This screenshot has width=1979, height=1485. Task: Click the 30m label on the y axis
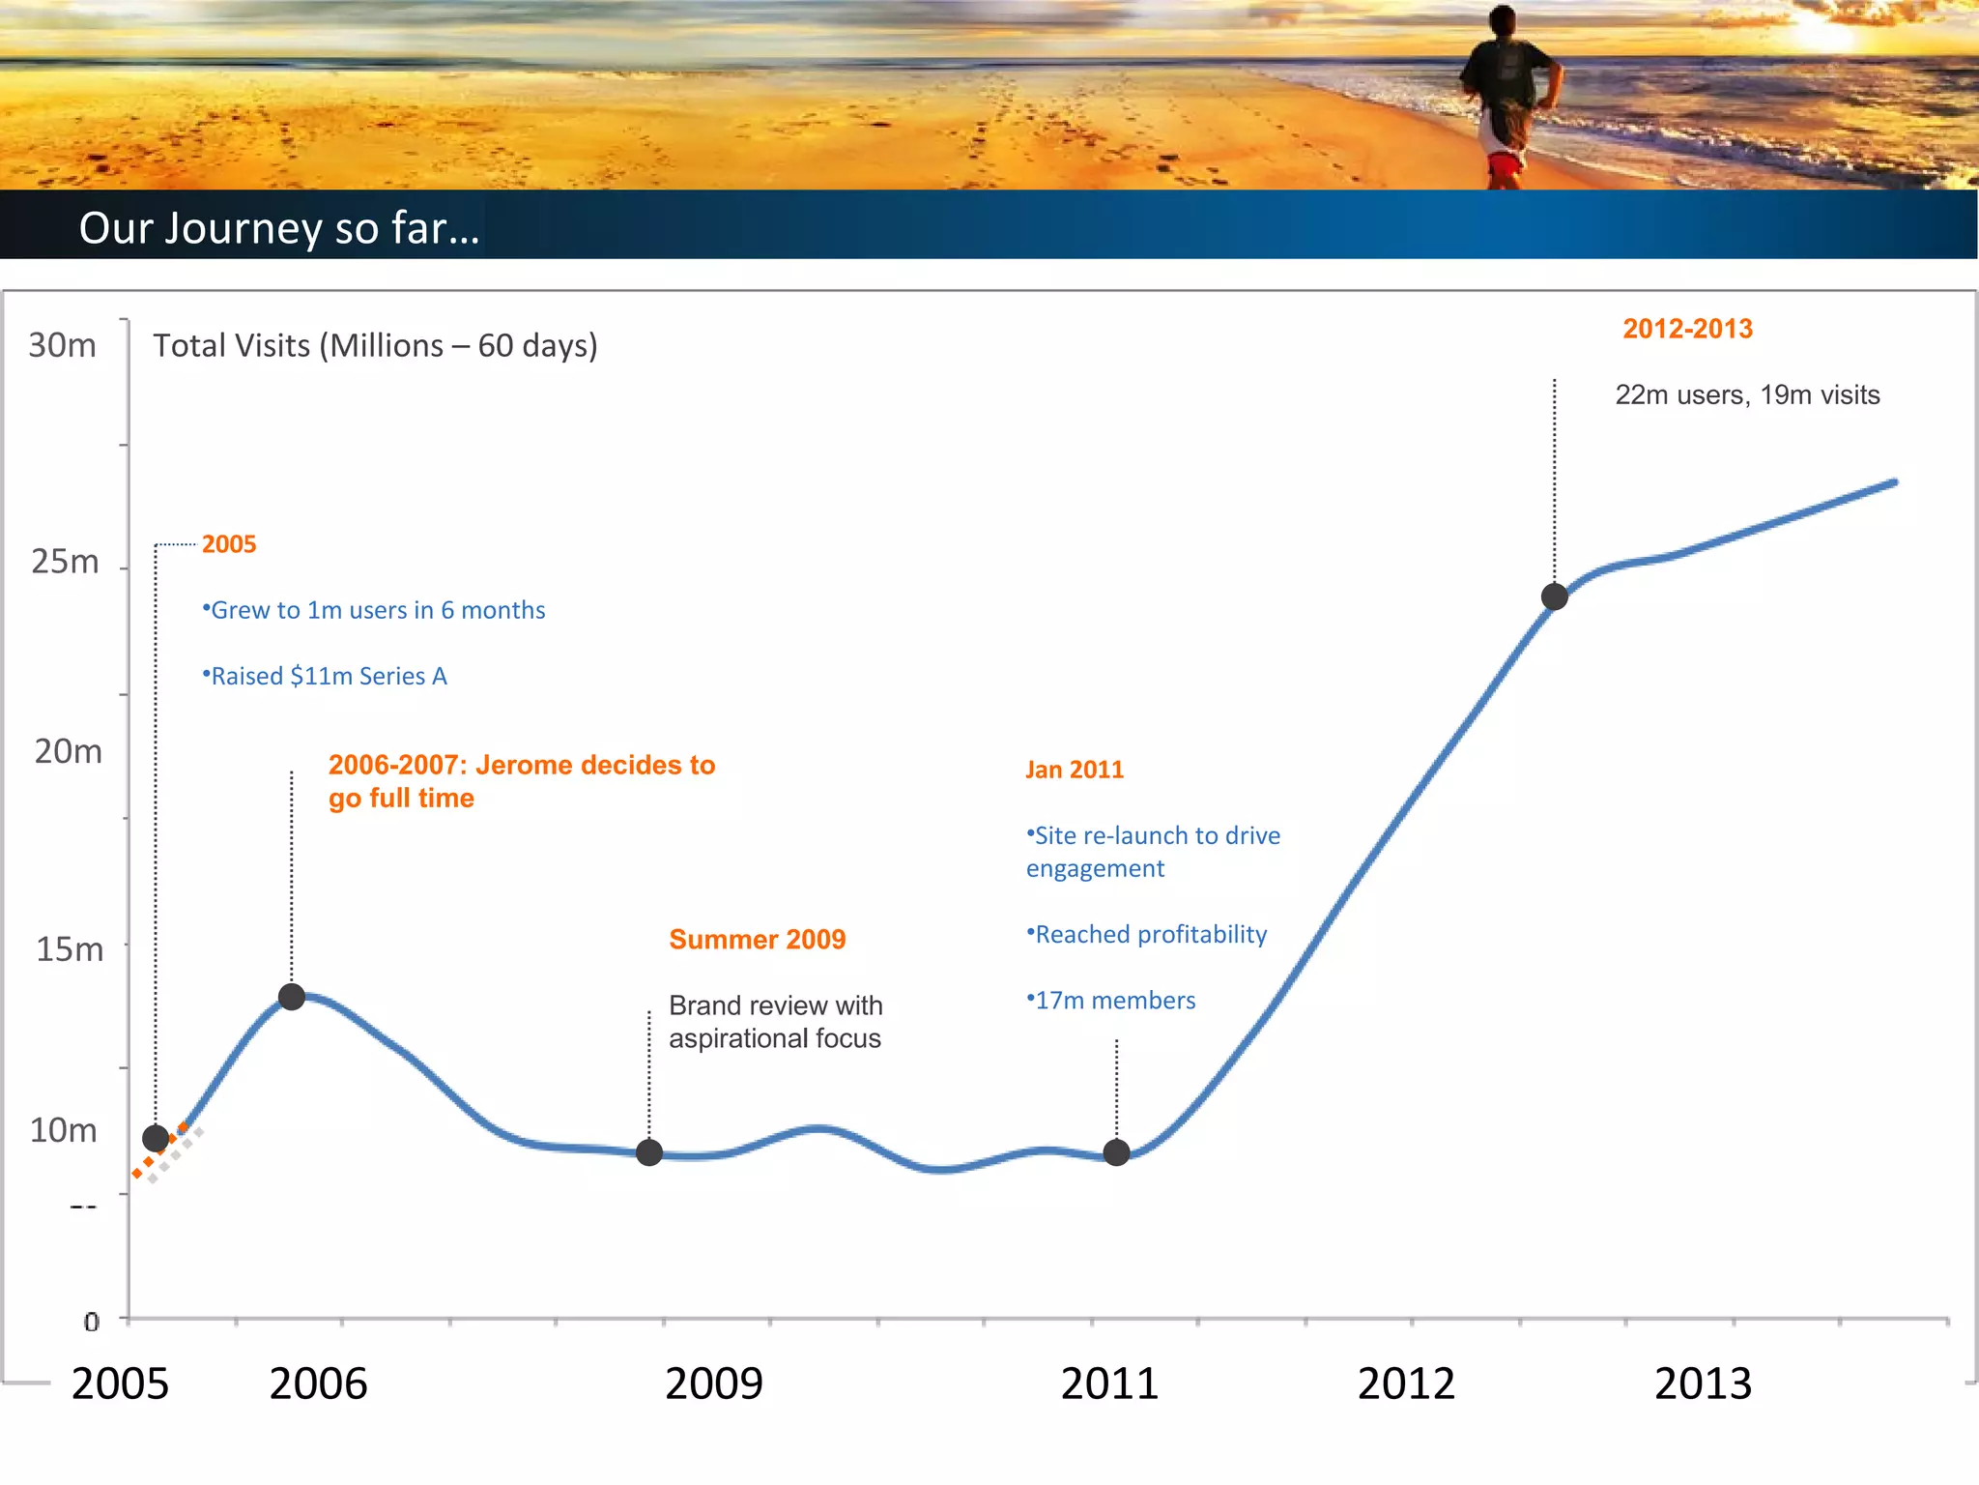click(62, 345)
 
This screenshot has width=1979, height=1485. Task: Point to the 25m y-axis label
click(65, 562)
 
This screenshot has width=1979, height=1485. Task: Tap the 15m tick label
click(69, 949)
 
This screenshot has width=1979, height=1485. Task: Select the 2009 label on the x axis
click(713, 1383)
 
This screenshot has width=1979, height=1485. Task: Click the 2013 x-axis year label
click(1703, 1383)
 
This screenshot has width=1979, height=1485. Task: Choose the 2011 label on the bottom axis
click(1109, 1383)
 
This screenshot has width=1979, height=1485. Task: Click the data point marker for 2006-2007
click(292, 997)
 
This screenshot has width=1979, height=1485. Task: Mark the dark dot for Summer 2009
click(649, 1152)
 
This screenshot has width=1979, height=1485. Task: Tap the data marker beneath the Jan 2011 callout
click(1116, 1152)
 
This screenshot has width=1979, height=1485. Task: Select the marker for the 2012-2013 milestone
click(1554, 597)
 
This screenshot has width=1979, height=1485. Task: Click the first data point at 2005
click(156, 1138)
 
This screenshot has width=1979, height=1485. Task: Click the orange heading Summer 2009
click(757, 940)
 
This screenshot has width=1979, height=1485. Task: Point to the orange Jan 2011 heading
click(1075, 770)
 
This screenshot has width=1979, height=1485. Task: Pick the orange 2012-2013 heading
click(1687, 329)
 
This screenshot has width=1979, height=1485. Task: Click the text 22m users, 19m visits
click(1747, 394)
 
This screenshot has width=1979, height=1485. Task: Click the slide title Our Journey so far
click(279, 228)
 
